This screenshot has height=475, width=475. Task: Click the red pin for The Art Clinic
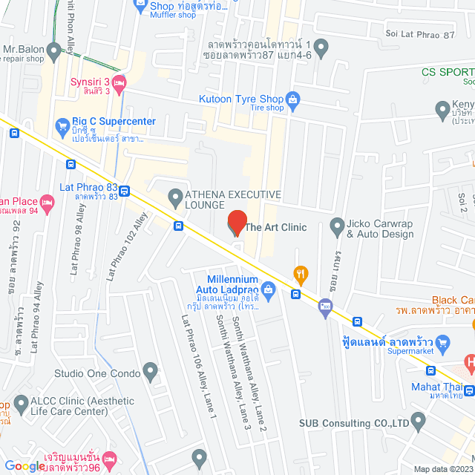[x=237, y=223]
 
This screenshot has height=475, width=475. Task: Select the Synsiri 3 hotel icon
[x=122, y=81]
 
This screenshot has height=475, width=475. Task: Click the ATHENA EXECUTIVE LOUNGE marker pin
[x=175, y=197]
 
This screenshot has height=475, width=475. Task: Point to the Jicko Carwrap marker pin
[x=337, y=225]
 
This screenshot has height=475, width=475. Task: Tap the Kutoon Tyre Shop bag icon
[x=294, y=98]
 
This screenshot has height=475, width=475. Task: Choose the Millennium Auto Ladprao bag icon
[x=269, y=289]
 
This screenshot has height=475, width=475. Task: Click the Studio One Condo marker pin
[x=151, y=370]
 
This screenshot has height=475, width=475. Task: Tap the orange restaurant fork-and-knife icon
[x=300, y=273]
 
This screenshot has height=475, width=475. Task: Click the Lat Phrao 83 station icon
[x=125, y=191]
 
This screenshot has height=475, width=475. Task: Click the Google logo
[x=24, y=466]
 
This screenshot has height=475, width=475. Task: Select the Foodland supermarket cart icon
[x=444, y=342]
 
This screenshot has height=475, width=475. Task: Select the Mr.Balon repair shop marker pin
[x=53, y=51]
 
